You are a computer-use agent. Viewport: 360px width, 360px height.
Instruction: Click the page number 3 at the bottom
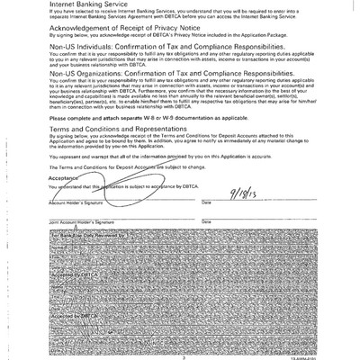[179, 355]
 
